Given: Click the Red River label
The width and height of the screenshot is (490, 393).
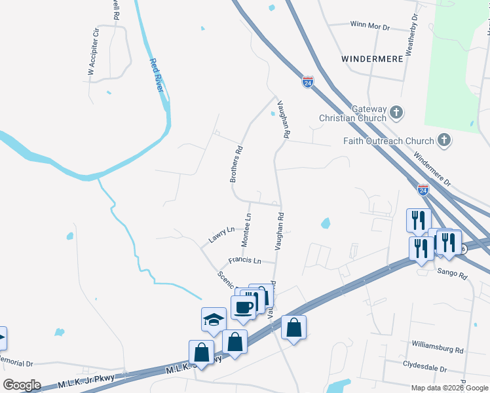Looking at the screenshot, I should [156, 75].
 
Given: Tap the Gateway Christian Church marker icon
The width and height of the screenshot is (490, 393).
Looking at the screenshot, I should [396, 113].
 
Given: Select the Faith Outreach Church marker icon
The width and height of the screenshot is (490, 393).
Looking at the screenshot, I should [444, 140].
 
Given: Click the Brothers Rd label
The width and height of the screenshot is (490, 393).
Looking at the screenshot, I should [236, 164].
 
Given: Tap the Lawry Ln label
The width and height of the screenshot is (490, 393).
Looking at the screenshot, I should [221, 235].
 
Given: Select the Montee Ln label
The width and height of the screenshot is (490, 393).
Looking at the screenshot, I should [246, 230].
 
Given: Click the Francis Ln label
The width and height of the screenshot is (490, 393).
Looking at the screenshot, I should [245, 261].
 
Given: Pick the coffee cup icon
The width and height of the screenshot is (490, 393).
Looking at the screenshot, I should [244, 307].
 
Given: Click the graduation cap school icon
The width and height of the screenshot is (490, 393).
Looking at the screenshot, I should [214, 319].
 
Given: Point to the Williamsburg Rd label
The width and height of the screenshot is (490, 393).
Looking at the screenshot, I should [438, 343].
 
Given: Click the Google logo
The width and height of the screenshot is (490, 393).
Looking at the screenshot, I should [22, 385].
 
